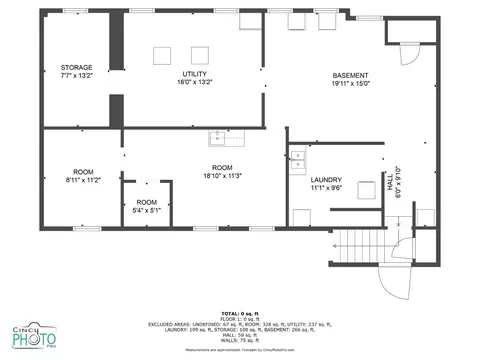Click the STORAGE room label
point(76,67)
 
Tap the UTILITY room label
point(195,74)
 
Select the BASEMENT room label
point(350,77)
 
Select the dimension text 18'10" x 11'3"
point(222,175)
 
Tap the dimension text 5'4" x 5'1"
point(147,210)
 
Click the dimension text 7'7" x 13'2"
point(76,75)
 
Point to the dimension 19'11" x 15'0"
point(350,85)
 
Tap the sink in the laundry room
point(298,156)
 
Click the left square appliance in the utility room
point(161,55)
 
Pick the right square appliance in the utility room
point(199,55)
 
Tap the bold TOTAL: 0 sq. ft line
point(239,314)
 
